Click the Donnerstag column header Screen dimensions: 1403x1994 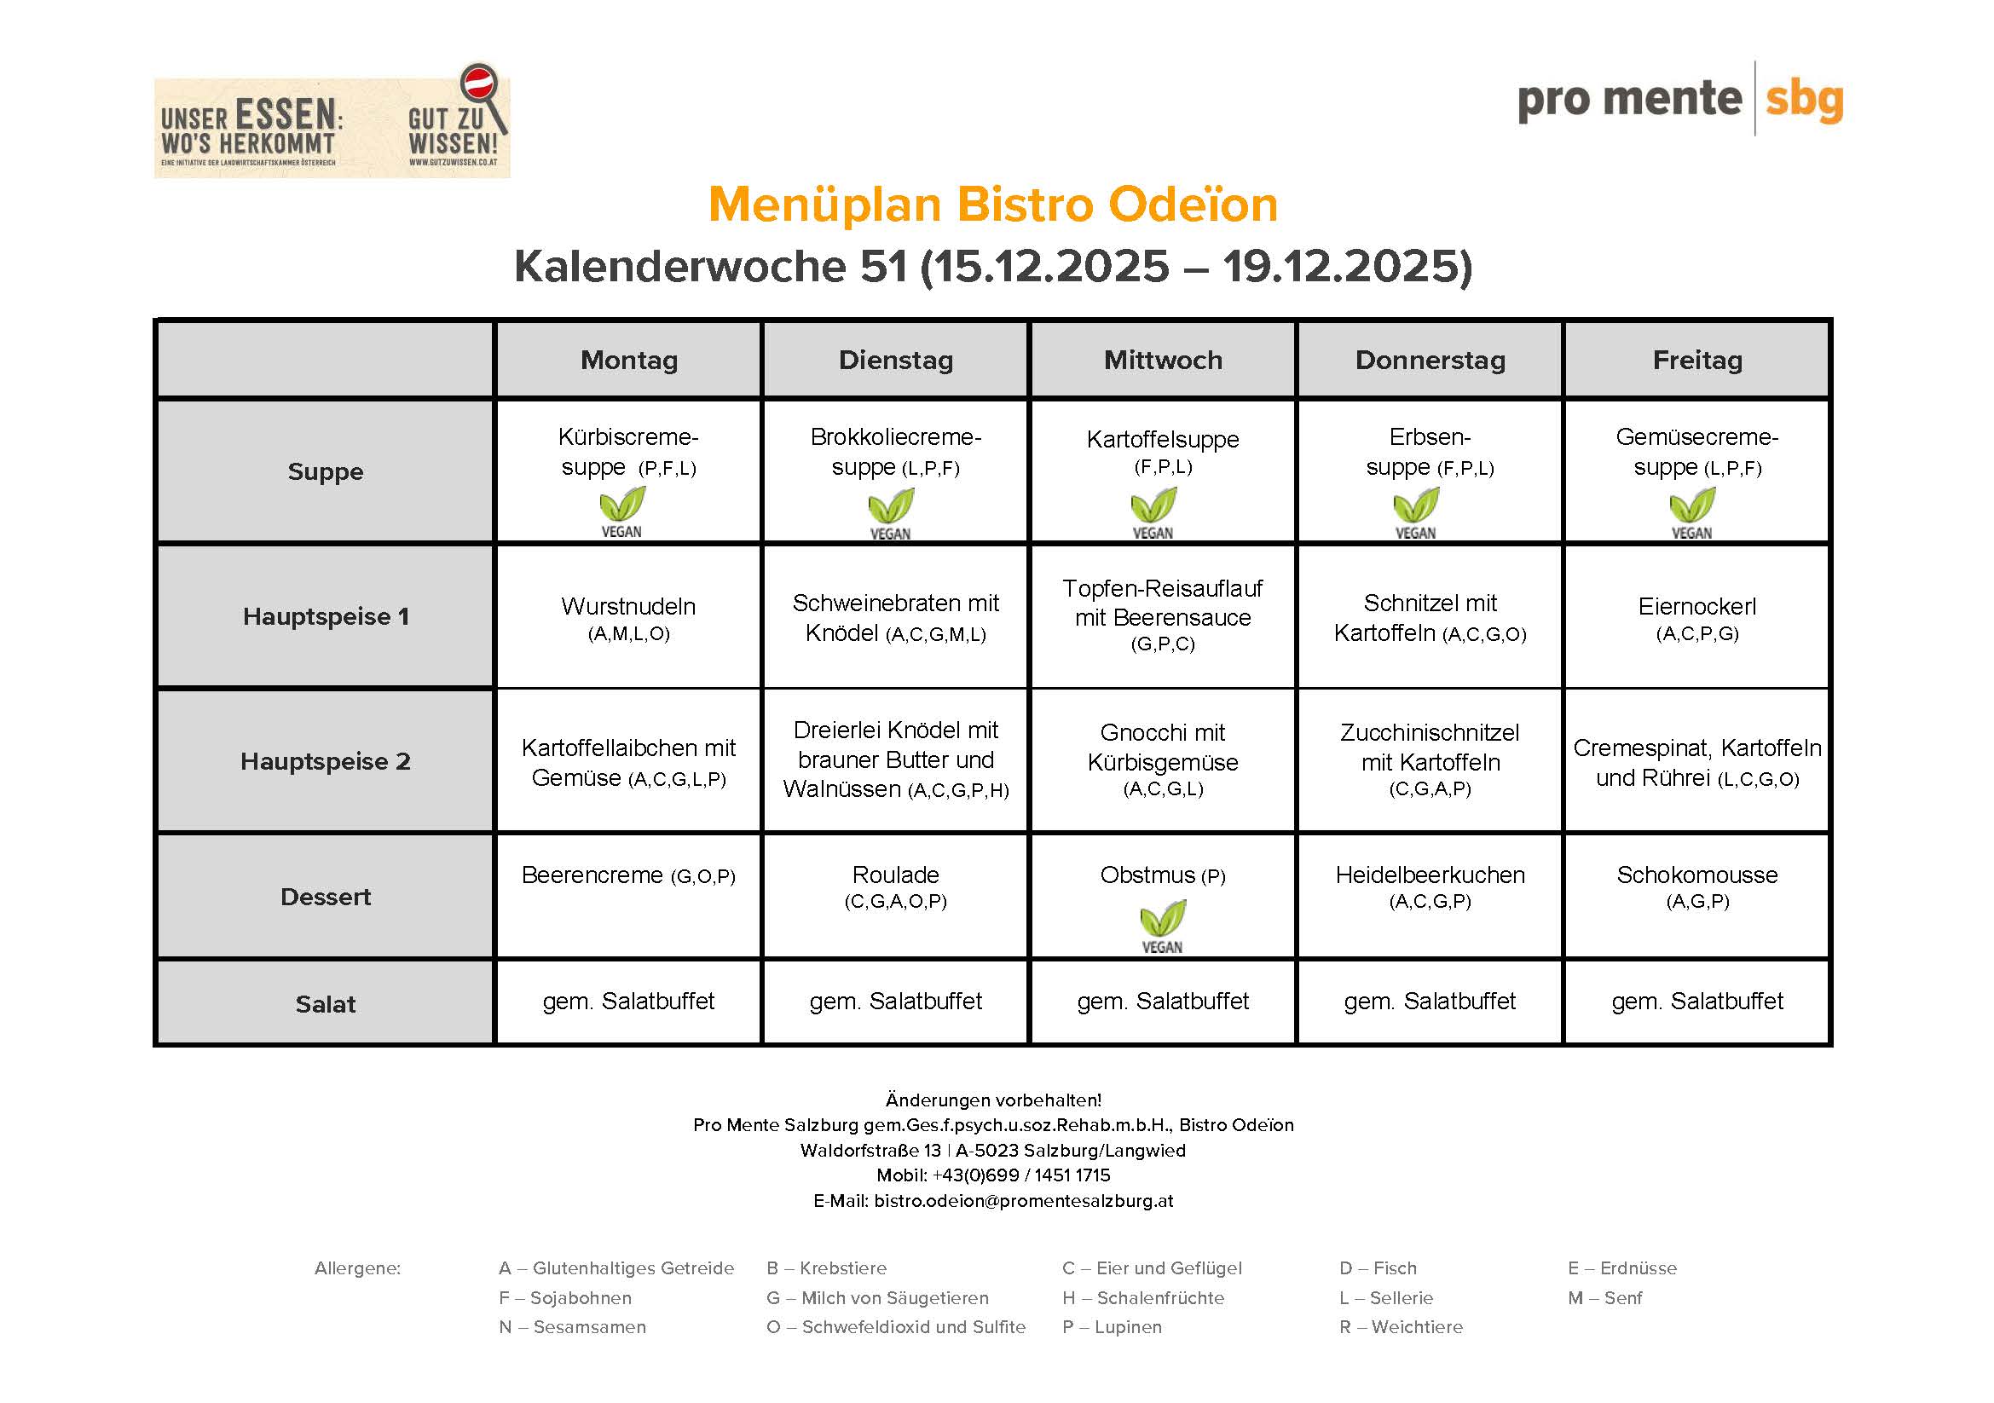1430,360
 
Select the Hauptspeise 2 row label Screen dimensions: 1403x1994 325,761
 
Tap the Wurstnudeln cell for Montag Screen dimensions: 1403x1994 628,617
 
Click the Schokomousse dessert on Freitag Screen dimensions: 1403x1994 1696,886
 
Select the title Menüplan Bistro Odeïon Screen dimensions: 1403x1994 992,205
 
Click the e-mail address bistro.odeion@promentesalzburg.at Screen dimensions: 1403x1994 1022,1201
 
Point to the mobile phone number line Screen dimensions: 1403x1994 992,1175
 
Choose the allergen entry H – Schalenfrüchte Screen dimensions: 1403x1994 1142,1297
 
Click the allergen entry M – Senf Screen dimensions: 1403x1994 1604,1297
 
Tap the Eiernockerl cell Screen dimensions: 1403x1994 1696,617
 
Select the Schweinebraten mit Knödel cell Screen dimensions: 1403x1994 895,617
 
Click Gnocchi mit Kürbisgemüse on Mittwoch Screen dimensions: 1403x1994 1162,759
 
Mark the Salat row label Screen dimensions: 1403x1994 325,1003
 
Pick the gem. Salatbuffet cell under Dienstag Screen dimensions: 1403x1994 895,1001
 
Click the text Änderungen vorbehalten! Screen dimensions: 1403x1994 992,1100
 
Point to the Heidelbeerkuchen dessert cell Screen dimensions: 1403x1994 1430,886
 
